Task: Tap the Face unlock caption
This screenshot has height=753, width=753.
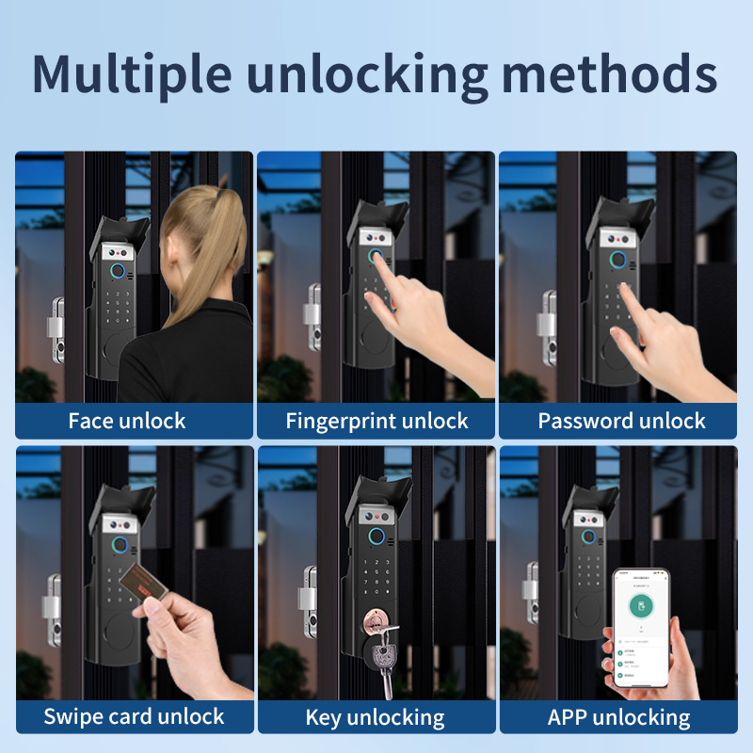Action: [x=127, y=420]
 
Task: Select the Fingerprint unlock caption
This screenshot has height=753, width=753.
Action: [x=376, y=420]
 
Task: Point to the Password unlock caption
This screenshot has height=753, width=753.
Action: [x=621, y=420]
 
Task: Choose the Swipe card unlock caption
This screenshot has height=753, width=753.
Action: [x=135, y=716]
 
